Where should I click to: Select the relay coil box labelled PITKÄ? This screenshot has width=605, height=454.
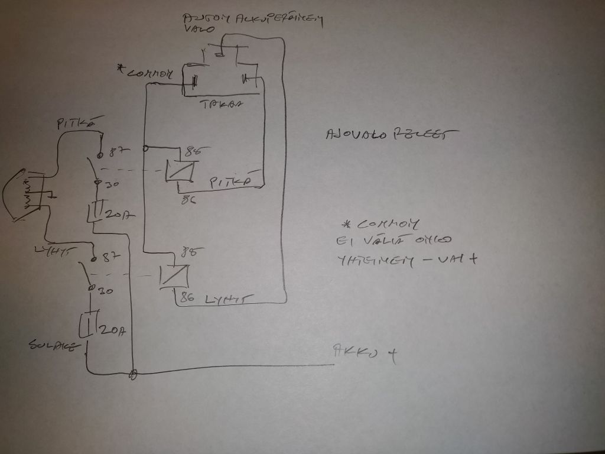[x=179, y=171]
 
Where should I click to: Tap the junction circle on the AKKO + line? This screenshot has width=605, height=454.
[x=134, y=374]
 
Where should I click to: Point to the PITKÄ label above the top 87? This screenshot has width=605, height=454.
[x=75, y=124]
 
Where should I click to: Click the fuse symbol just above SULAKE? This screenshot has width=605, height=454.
[x=87, y=326]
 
